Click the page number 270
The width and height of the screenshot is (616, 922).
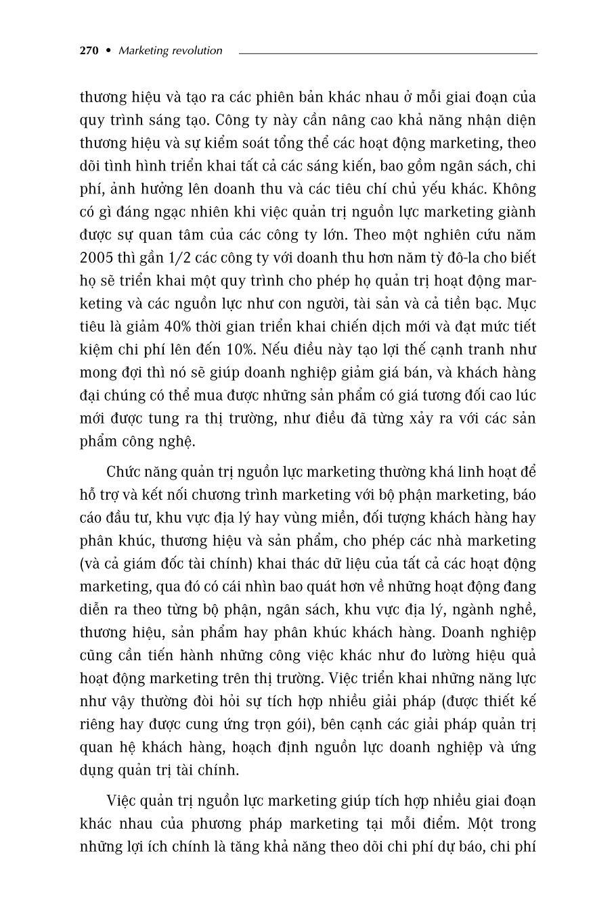89,51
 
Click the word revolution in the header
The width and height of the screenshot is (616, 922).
196,51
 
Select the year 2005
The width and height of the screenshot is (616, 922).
96,258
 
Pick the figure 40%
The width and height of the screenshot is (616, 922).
177,327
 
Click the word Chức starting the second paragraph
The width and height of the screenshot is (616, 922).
125,471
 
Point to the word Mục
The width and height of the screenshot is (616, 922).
521,304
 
